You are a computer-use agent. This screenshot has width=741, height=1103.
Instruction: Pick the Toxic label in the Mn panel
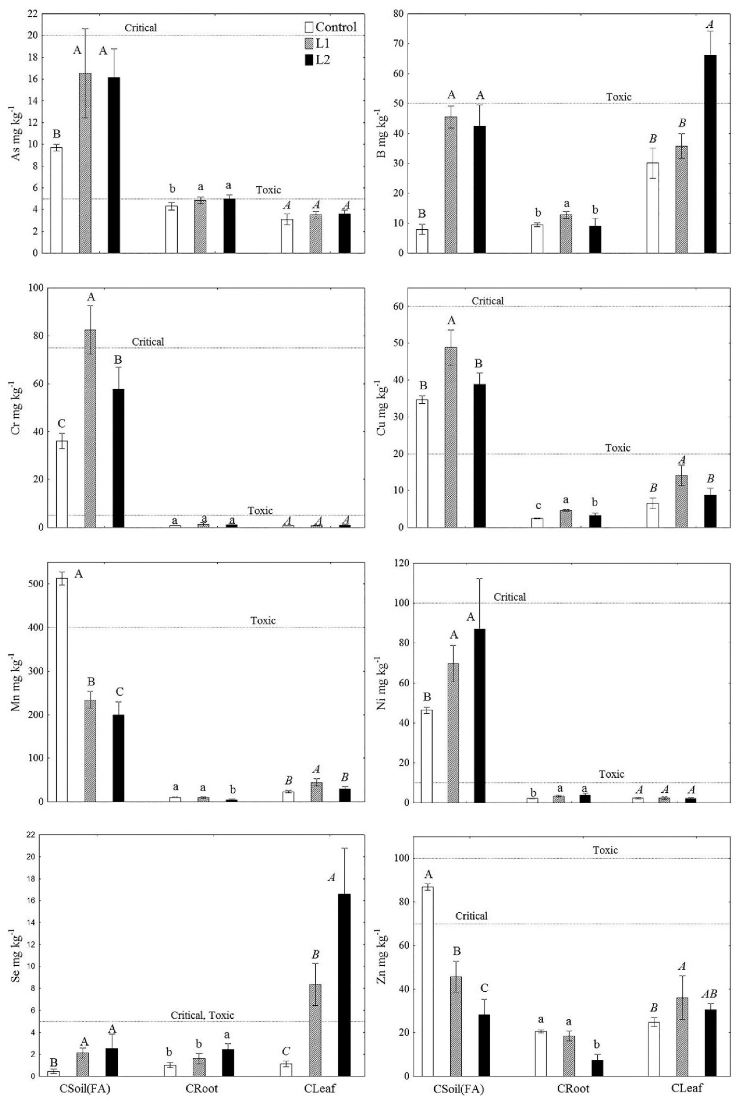click(x=263, y=620)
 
